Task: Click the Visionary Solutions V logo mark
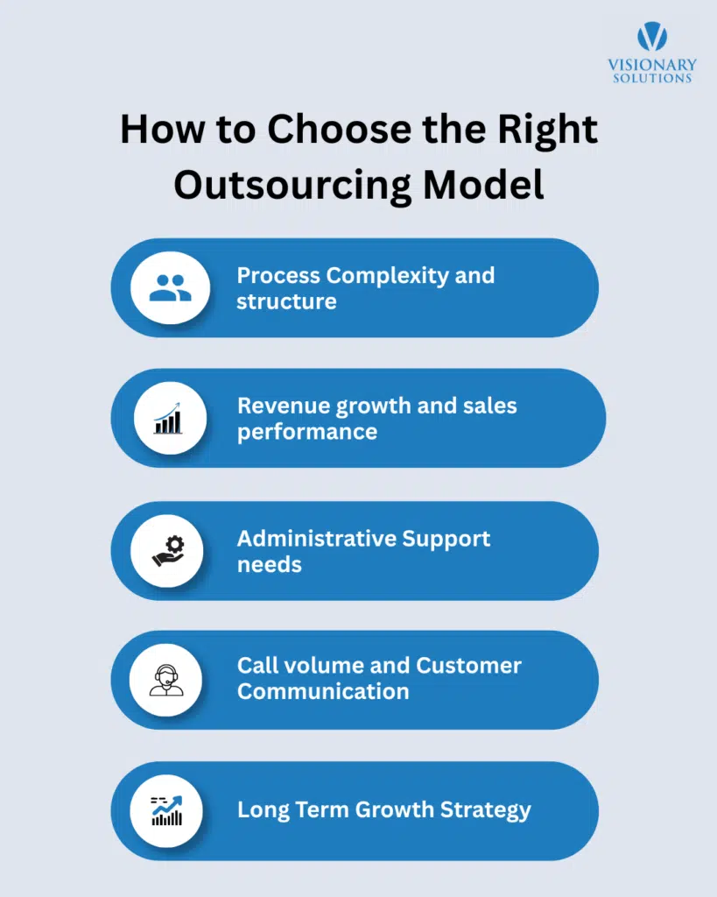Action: (652, 36)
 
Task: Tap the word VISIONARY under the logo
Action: (652, 65)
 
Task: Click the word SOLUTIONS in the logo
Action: (652, 78)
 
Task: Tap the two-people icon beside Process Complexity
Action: (170, 288)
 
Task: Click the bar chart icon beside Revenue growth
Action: (170, 419)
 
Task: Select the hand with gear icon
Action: (168, 551)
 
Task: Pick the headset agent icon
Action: (166, 680)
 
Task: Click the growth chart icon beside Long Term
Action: (166, 810)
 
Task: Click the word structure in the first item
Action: (286, 302)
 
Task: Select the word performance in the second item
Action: (306, 433)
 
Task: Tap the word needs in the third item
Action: (269, 564)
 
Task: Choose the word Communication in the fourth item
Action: (323, 691)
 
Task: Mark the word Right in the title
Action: (549, 130)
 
